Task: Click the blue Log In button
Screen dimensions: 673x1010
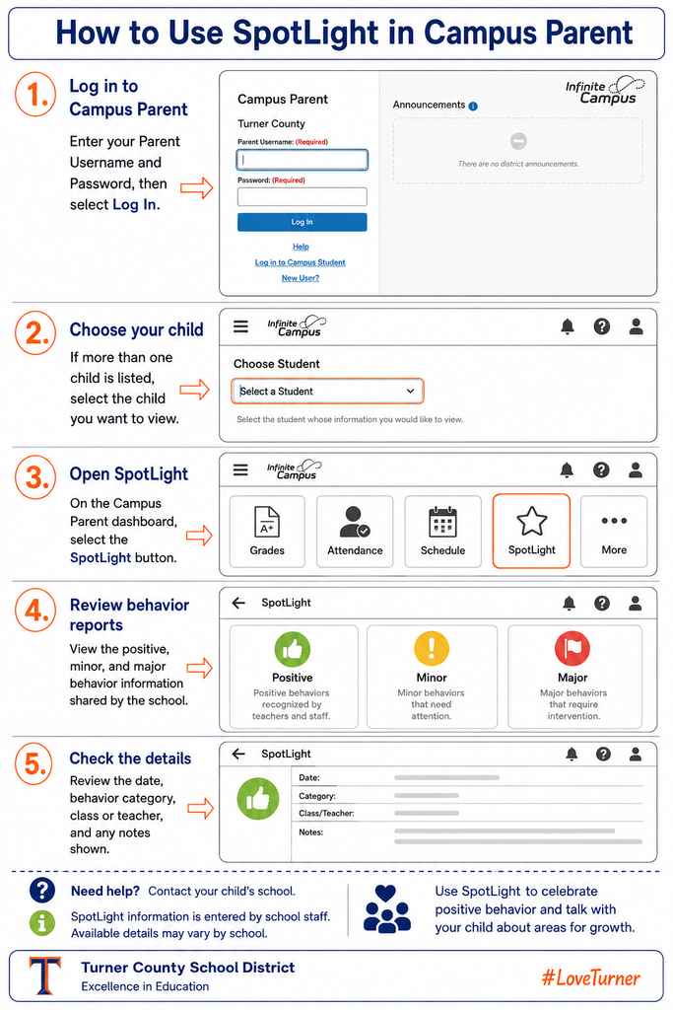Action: [302, 222]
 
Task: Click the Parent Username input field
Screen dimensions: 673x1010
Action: [302, 160]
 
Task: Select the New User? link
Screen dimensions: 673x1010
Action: [301, 278]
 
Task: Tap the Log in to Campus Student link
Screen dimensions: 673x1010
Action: [300, 262]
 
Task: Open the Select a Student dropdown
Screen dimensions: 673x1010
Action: [327, 391]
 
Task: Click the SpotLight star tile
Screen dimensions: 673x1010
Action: [531, 531]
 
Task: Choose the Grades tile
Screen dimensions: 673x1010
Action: [267, 532]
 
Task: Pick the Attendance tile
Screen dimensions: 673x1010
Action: [355, 532]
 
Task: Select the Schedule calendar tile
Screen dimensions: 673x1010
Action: [442, 532]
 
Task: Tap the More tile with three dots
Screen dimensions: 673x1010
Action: [614, 532]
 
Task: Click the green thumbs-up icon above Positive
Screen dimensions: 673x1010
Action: [292, 649]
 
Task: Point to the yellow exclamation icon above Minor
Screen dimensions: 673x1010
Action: [431, 648]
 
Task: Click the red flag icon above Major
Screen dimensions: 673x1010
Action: [572, 648]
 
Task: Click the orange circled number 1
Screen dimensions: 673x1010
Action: [36, 94]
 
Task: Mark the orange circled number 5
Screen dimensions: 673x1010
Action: [34, 764]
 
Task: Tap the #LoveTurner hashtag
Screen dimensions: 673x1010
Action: [590, 977]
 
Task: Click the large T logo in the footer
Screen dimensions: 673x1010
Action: [45, 975]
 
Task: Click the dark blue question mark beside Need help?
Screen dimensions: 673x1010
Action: [41, 891]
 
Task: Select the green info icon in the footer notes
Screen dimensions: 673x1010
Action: [41, 923]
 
